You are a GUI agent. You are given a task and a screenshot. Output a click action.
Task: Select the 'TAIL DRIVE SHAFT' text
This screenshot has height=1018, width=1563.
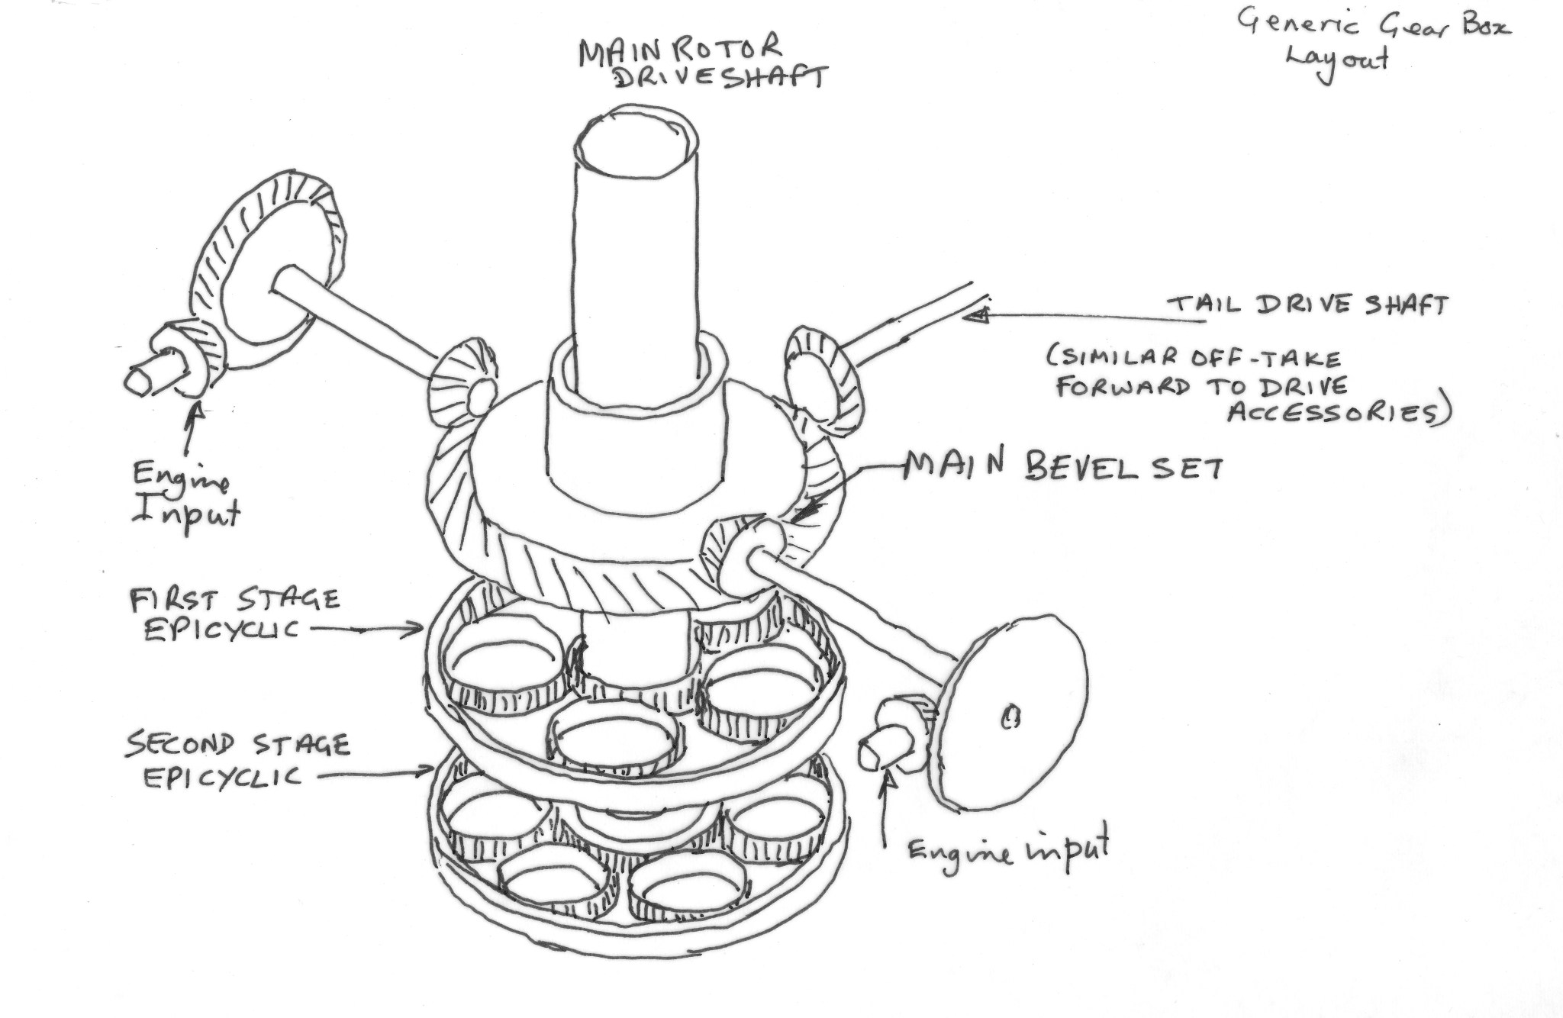1307,305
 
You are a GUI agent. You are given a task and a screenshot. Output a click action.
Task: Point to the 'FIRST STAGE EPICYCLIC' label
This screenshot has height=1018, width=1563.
233,615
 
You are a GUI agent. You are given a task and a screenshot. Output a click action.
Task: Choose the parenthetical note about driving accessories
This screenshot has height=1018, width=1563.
1252,385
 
